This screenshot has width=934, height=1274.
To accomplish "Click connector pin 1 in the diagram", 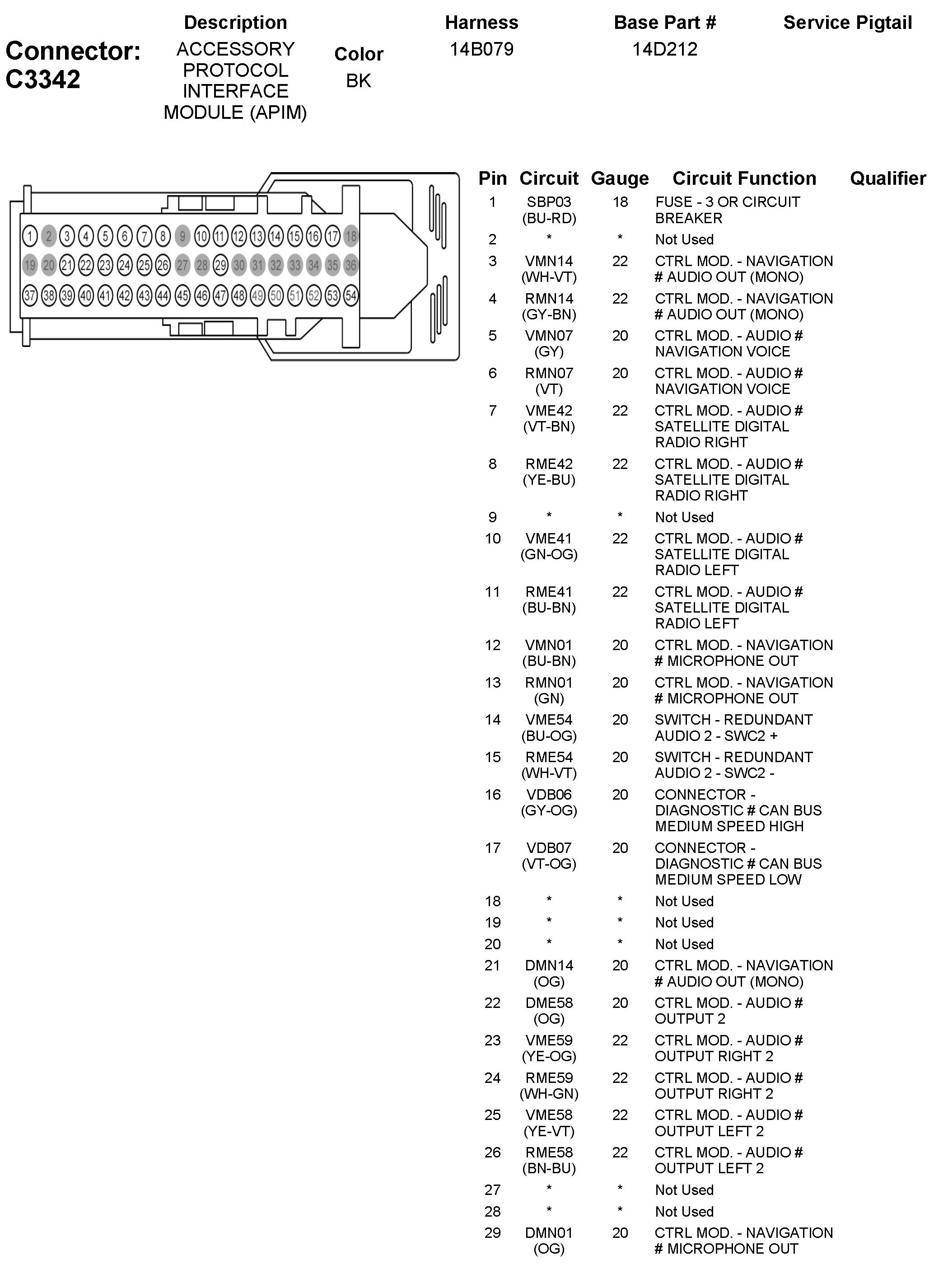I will (30, 236).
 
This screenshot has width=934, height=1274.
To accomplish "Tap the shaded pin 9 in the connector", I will (182, 236).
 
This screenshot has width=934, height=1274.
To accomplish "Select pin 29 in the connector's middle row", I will (220, 265).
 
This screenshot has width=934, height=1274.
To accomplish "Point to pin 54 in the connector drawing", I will (351, 295).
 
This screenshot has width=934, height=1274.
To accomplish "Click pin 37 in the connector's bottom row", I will (30, 295).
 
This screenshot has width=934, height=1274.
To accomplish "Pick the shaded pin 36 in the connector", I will (351, 265).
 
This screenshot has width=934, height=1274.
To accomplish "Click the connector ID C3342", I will (43, 80).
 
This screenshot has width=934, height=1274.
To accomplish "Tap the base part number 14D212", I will (664, 49).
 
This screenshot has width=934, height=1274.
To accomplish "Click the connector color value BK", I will (359, 81).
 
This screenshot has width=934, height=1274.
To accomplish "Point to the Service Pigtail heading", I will (847, 23).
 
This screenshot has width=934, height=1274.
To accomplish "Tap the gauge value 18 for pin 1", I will (620, 202).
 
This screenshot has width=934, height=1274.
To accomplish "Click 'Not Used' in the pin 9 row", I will (684, 517).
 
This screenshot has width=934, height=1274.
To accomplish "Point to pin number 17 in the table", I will (492, 848).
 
